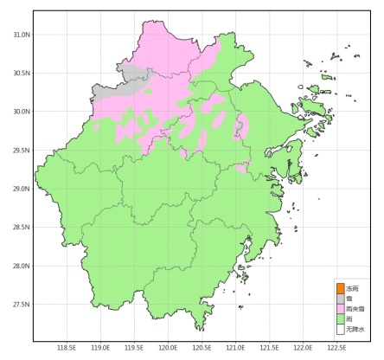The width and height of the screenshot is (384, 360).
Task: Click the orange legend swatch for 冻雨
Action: (x=340, y=288)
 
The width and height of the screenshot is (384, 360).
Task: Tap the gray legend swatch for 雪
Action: (x=340, y=299)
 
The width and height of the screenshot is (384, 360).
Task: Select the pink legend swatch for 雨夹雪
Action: (x=340, y=309)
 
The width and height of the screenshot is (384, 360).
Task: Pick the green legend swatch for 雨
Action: (x=340, y=319)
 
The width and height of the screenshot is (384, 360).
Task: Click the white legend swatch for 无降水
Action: (x=340, y=330)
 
